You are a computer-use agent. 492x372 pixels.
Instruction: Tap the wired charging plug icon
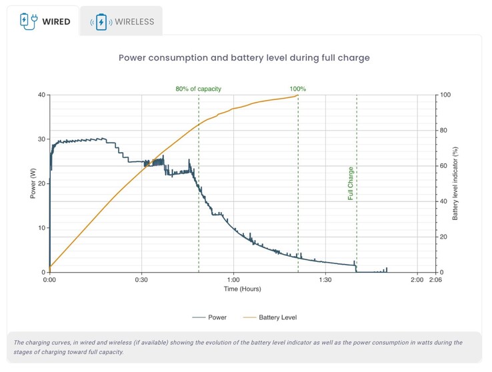[29, 21]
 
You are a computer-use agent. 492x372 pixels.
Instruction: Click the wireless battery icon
[101, 22]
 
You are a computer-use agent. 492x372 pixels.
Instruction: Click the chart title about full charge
[244, 58]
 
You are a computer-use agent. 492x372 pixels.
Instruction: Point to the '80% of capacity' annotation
[199, 89]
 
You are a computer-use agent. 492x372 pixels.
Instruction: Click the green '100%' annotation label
[298, 89]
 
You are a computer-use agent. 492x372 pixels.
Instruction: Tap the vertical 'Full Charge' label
[351, 183]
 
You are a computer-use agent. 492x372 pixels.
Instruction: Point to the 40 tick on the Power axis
[41, 95]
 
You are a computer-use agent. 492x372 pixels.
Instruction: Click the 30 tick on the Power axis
[41, 139]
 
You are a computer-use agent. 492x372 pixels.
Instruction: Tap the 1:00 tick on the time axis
[233, 280]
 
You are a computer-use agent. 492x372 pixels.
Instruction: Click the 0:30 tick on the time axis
[141, 280]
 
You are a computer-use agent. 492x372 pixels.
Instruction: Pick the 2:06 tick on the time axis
[436, 280]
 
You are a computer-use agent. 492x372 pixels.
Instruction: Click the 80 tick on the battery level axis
[444, 131]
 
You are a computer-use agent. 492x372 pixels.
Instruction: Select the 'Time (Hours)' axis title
[243, 289]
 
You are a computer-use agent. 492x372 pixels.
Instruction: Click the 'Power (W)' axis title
[31, 183]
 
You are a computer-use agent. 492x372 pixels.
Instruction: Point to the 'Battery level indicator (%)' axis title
[456, 183]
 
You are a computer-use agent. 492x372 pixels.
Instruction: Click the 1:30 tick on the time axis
[325, 280]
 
